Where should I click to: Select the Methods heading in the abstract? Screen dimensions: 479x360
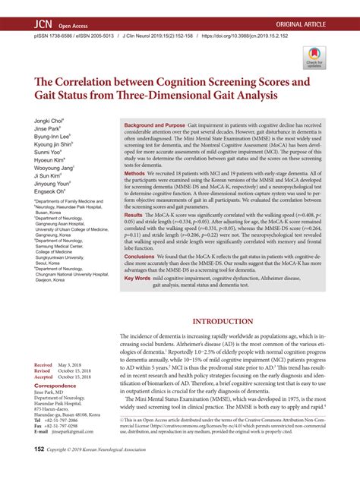pos(137,173)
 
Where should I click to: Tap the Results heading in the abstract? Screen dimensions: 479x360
pos(137,216)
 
